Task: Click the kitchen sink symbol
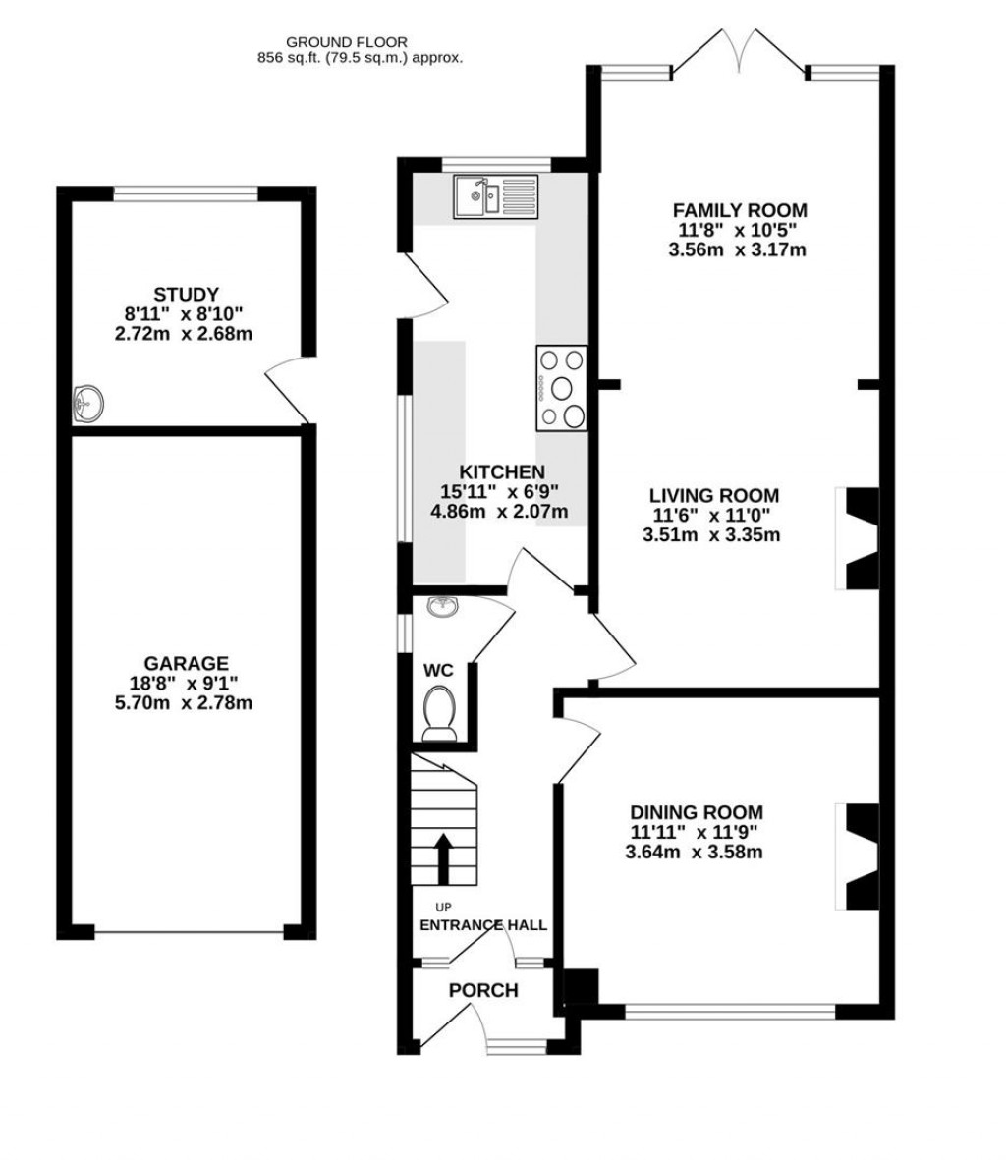pyautogui.click(x=495, y=195)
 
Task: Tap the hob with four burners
pyautogui.click(x=561, y=388)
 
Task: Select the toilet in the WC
pyautogui.click(x=439, y=712)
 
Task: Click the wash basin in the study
pyautogui.click(x=89, y=403)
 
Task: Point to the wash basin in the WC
pyautogui.click(x=443, y=607)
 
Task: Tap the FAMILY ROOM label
pyautogui.click(x=739, y=210)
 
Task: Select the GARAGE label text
pyautogui.click(x=186, y=663)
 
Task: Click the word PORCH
pyautogui.click(x=483, y=990)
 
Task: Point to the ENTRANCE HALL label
pyautogui.click(x=483, y=925)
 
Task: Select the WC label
pyautogui.click(x=438, y=670)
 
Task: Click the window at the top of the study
pyautogui.click(x=186, y=193)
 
